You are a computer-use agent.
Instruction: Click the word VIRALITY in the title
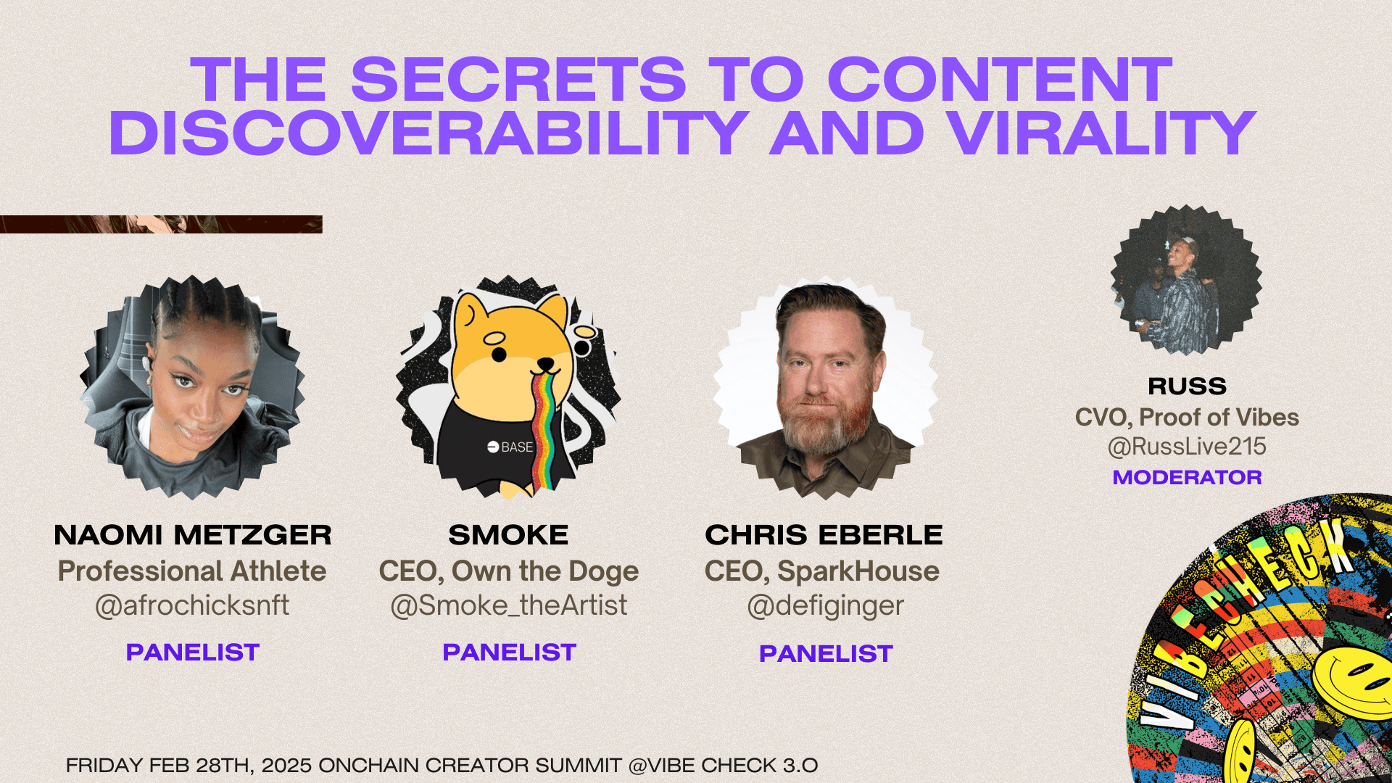(1101, 133)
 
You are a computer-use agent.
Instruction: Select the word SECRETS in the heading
(518, 80)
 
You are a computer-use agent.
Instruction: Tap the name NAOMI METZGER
(193, 535)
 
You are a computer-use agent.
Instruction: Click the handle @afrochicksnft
(192, 605)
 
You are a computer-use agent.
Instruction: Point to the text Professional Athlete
(192, 571)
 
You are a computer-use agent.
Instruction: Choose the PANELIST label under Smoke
(509, 652)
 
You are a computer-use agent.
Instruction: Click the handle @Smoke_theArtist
(509, 605)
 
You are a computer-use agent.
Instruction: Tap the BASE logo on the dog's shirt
(510, 447)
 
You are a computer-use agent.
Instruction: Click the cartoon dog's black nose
(499, 355)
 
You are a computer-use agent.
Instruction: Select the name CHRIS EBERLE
(824, 535)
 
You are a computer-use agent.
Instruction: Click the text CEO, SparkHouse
(822, 571)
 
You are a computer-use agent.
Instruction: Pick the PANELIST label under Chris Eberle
(826, 654)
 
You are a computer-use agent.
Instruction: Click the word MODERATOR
(1188, 477)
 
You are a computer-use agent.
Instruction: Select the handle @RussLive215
(1187, 446)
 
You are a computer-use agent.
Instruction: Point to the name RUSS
(1188, 386)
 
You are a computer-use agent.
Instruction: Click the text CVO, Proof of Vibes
(1187, 418)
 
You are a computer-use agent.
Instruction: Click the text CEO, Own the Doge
(509, 571)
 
